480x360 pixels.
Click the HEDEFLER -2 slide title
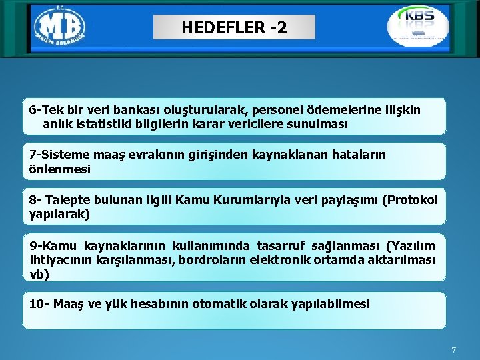pos(233,28)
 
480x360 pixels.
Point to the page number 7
pos(453,350)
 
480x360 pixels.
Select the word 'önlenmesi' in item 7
pos(60,169)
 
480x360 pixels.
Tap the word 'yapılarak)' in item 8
pos(59,214)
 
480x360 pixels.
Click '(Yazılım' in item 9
pos(411,246)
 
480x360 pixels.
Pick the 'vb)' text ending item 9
pos(40,273)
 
